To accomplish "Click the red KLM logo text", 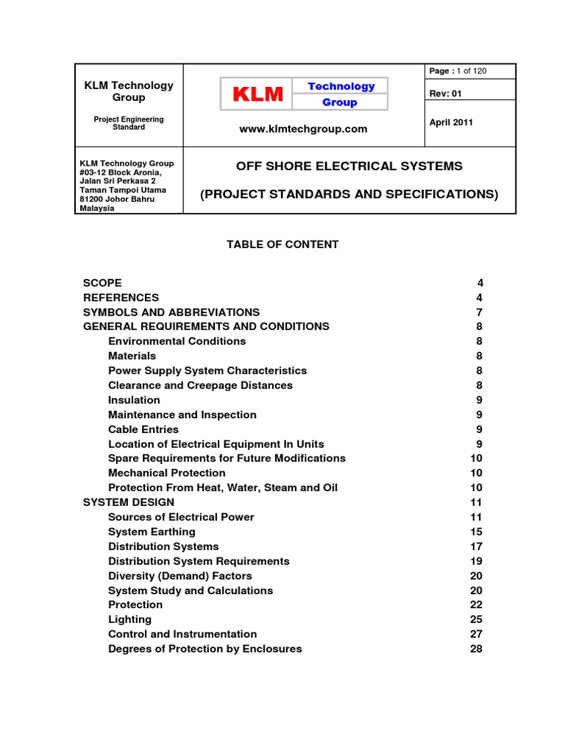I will pyautogui.click(x=258, y=94).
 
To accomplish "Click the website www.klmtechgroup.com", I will pyautogui.click(x=303, y=129).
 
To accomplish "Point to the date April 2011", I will pyautogui.click(x=451, y=122).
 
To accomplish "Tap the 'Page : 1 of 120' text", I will pyautogui.click(x=458, y=71).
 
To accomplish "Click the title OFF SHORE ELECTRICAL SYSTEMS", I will pyautogui.click(x=349, y=166).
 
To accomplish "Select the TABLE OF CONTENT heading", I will pyautogui.click(x=282, y=244).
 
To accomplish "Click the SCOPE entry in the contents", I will pyautogui.click(x=103, y=283).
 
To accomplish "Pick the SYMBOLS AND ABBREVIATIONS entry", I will pyautogui.click(x=171, y=312).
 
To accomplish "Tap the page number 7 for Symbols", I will pyautogui.click(x=480, y=312).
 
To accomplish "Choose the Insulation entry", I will pyautogui.click(x=134, y=400).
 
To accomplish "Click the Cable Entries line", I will pyautogui.click(x=143, y=429).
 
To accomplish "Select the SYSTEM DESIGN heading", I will pyautogui.click(x=129, y=502).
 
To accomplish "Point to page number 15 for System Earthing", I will pyautogui.click(x=477, y=532).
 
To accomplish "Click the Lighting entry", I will pyautogui.click(x=130, y=619).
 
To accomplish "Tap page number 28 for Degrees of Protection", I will pyautogui.click(x=477, y=649).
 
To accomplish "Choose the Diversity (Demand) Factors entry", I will pyautogui.click(x=180, y=576).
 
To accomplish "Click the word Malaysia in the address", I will pyautogui.click(x=97, y=208).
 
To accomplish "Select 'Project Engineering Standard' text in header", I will pyautogui.click(x=129, y=123).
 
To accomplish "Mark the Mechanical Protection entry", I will pyautogui.click(x=167, y=473).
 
